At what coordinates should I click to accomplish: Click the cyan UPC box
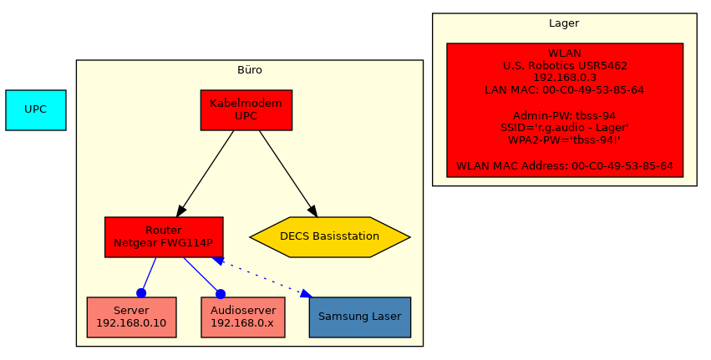click(35, 110)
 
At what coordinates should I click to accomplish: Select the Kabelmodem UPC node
click(246, 110)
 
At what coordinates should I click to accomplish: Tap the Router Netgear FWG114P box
click(164, 237)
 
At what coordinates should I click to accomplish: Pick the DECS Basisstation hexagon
click(329, 237)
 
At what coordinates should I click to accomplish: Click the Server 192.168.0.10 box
click(131, 317)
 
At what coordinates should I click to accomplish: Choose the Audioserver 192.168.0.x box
click(243, 317)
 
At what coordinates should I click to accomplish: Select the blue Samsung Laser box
click(359, 317)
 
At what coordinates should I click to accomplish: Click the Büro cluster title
click(249, 70)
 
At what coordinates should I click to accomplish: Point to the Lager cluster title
click(564, 23)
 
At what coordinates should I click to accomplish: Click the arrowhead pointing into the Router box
click(182, 209)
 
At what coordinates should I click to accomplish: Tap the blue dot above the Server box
click(141, 293)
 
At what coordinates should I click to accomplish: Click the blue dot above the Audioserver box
click(221, 293)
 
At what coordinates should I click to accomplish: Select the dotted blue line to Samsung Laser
click(259, 277)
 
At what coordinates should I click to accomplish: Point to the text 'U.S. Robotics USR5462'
click(565, 64)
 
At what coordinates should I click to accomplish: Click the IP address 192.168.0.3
click(565, 77)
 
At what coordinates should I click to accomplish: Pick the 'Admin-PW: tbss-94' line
click(565, 115)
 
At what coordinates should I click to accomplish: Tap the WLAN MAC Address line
click(565, 166)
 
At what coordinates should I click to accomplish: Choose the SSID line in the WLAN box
click(565, 128)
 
